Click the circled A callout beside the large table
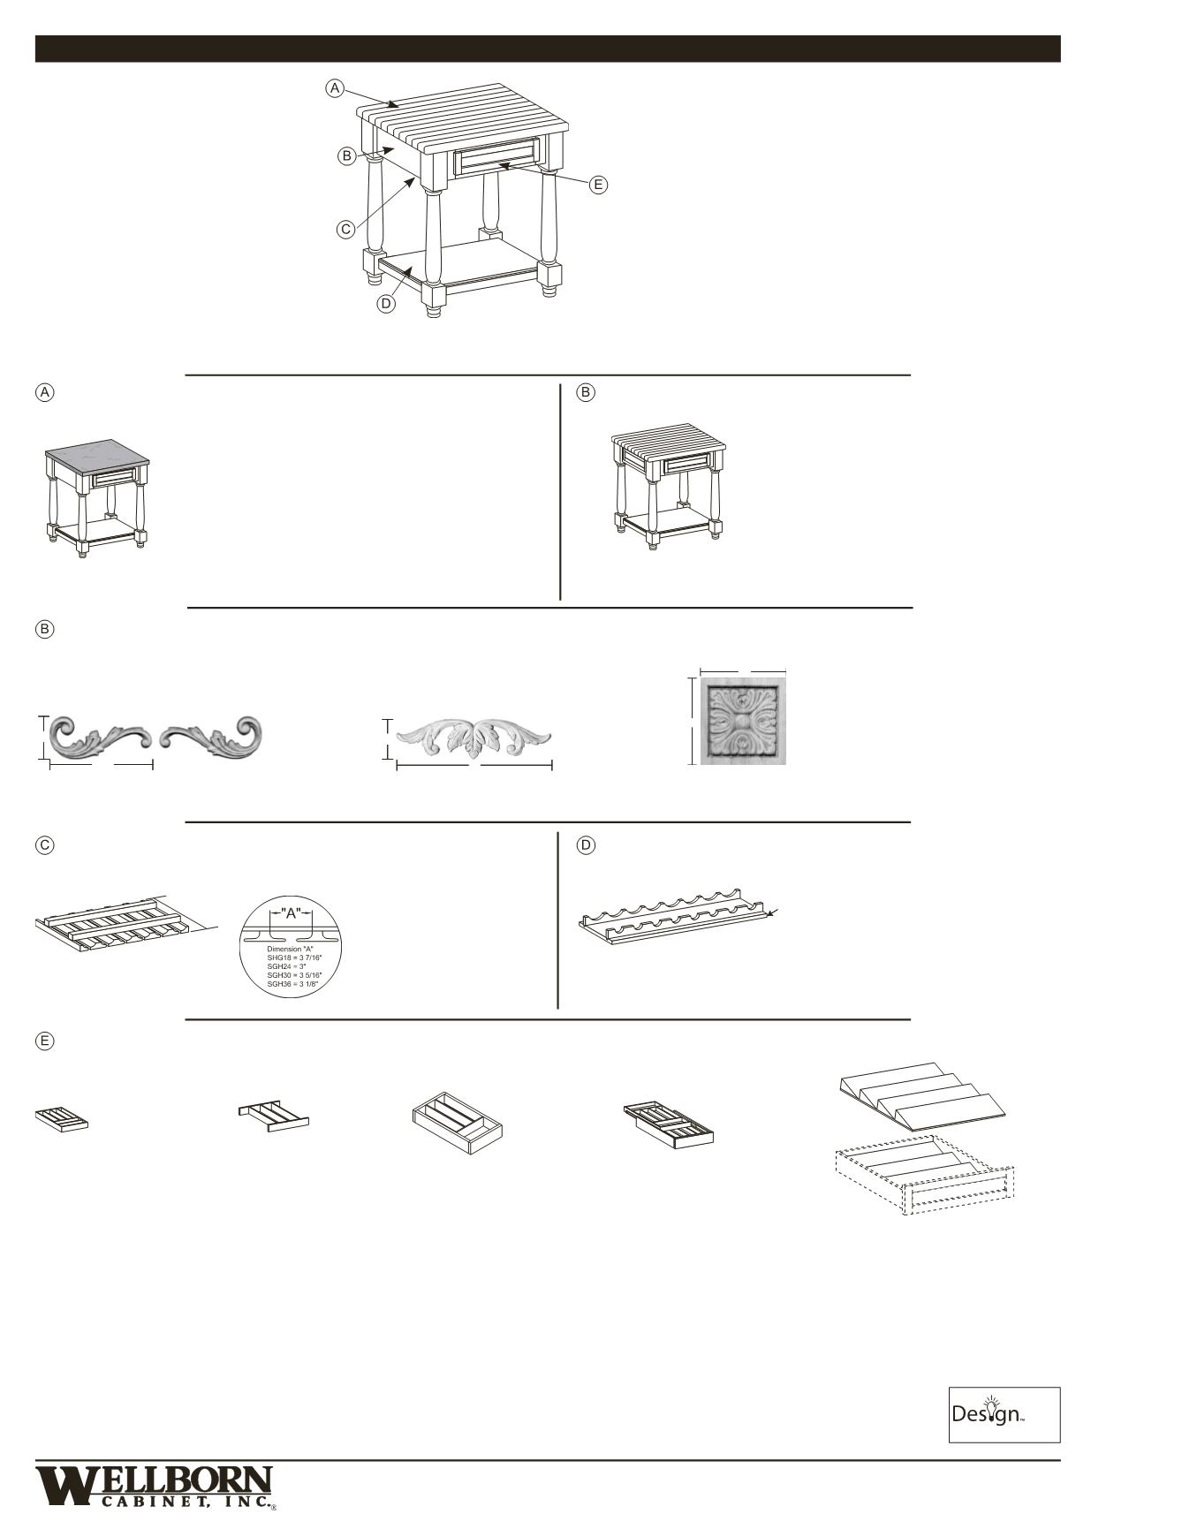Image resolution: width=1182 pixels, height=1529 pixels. click(x=335, y=88)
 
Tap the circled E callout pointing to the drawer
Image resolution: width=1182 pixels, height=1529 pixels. click(x=599, y=185)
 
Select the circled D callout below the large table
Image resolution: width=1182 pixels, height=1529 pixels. click(x=386, y=304)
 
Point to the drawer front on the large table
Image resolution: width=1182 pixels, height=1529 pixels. click(x=496, y=157)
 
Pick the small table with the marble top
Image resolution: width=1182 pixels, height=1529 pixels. click(x=97, y=497)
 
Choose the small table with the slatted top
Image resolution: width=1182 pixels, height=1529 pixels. click(x=669, y=488)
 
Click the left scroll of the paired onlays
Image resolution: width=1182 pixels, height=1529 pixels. click(x=99, y=738)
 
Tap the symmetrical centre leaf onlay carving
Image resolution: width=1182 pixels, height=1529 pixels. click(x=474, y=739)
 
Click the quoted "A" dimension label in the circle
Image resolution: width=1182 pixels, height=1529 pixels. click(x=291, y=913)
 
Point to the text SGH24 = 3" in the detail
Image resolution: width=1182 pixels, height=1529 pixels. click(x=287, y=966)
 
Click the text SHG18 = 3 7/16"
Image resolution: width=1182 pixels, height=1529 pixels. click(x=293, y=958)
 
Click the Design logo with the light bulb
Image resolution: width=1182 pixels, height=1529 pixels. click(x=1004, y=1414)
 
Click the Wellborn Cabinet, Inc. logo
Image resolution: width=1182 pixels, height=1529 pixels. click(x=155, y=1486)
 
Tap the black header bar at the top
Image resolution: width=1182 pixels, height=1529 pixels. click(x=547, y=49)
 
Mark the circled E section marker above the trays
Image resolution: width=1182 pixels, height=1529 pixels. click(x=44, y=1041)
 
